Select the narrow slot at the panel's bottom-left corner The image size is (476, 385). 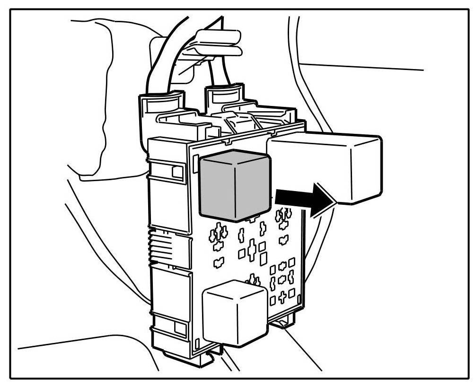click(x=197, y=342)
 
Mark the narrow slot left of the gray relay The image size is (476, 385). click(x=195, y=161)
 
